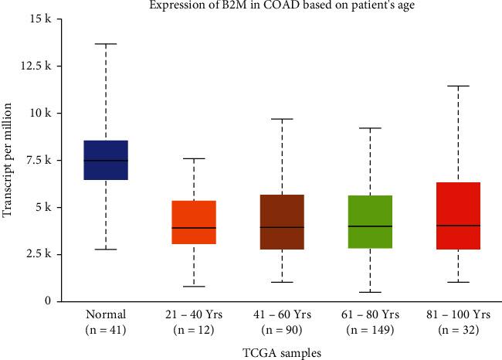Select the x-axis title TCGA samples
click(x=282, y=352)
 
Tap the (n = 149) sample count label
click(x=370, y=329)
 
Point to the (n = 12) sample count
click(x=194, y=329)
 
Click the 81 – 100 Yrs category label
click(x=458, y=315)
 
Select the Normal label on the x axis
click(x=106, y=315)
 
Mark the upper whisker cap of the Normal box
click(x=106, y=44)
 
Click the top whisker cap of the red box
click(x=458, y=86)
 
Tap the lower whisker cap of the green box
click(x=370, y=292)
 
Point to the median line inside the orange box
click(x=194, y=228)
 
